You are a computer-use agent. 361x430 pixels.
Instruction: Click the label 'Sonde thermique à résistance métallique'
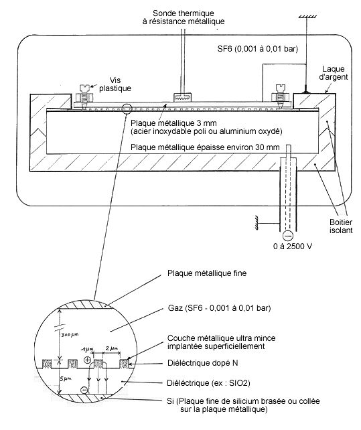[x=184, y=17]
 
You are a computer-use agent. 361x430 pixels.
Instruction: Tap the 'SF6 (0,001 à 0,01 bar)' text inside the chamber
[x=258, y=49]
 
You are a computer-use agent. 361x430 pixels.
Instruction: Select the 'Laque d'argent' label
[x=334, y=73]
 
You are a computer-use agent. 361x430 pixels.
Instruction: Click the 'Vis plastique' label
[x=115, y=84]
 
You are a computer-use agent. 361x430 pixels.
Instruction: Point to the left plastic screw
[x=84, y=96]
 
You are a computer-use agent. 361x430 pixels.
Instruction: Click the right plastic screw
[x=280, y=96]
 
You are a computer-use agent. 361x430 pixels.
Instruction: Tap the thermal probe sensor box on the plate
[x=182, y=97]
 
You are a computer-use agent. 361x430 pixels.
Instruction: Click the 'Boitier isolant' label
[x=341, y=226]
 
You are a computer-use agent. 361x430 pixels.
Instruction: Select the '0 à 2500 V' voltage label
[x=293, y=246]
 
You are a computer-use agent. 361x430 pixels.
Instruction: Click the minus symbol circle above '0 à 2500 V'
[x=288, y=236]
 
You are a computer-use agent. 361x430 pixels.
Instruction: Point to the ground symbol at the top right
[x=307, y=17]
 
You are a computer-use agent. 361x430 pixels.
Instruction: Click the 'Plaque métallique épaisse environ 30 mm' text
[x=205, y=147]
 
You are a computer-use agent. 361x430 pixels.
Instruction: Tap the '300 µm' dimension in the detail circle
[x=70, y=335]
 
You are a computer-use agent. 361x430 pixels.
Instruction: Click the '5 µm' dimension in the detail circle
[x=66, y=378]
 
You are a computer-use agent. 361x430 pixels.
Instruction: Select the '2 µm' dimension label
[x=112, y=348]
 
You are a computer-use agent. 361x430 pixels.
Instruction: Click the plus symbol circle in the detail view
[x=87, y=360]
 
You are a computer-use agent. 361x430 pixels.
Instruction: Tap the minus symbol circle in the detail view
[x=84, y=390]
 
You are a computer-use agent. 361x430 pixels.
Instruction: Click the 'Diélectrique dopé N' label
[x=203, y=364]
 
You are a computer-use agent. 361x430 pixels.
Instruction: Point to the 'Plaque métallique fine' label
[x=207, y=273]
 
